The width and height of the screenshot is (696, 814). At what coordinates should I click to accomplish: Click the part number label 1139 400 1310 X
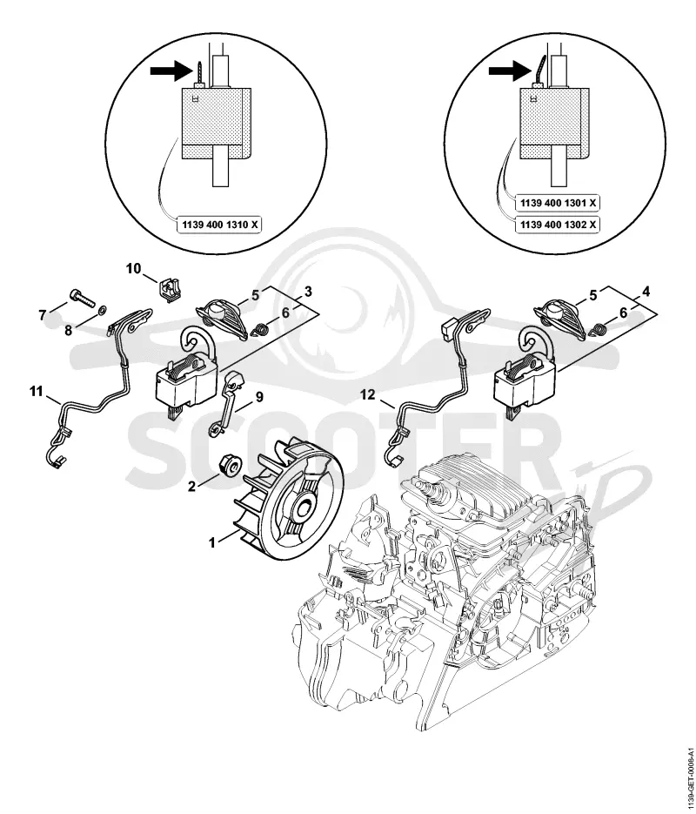[218, 225]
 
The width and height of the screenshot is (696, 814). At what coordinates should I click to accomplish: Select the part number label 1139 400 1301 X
[557, 203]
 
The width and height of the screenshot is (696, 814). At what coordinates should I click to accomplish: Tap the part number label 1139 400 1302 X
[557, 225]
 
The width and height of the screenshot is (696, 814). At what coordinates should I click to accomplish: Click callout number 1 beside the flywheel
[211, 543]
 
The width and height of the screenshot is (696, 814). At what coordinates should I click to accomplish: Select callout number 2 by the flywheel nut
[192, 487]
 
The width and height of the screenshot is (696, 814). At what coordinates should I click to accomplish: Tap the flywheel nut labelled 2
[228, 463]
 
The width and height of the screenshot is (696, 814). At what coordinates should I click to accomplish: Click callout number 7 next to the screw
[43, 313]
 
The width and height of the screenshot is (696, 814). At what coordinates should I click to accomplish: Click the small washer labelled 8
[102, 310]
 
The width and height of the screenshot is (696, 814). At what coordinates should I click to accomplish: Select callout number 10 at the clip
[133, 268]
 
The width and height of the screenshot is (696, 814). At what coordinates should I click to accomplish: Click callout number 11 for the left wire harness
[36, 392]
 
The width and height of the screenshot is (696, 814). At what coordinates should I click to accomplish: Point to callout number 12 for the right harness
[368, 395]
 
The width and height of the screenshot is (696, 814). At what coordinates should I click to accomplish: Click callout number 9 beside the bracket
[258, 397]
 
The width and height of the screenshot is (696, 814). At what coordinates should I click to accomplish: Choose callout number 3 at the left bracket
[308, 292]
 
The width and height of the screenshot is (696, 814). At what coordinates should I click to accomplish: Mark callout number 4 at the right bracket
[646, 292]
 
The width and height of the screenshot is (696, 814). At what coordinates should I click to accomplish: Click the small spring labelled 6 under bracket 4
[600, 328]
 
